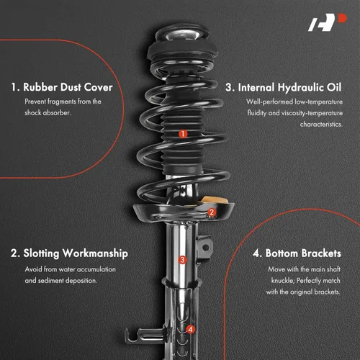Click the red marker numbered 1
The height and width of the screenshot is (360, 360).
[183, 133]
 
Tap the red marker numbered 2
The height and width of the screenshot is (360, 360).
[211, 212]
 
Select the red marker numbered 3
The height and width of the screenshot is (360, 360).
[182, 260]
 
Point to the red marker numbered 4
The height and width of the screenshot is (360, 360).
[190, 330]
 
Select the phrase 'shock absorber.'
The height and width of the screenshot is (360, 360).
[50, 112]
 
